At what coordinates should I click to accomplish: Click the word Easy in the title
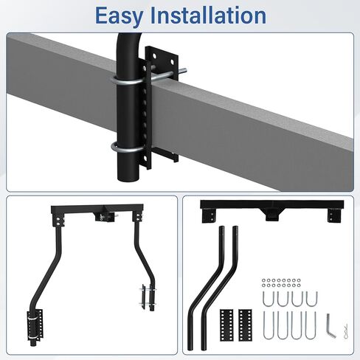pyautogui.click(x=119, y=15)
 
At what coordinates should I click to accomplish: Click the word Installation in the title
pyautogui.click(x=208, y=15)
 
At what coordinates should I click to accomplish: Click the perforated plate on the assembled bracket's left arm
pyautogui.click(x=35, y=324)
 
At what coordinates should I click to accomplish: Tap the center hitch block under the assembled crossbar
pyautogui.click(x=106, y=216)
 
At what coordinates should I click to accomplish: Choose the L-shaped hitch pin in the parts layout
pyautogui.click(x=330, y=325)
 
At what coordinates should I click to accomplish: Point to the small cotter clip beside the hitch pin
pyautogui.click(x=346, y=328)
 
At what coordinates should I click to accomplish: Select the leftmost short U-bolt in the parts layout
pyautogui.click(x=268, y=299)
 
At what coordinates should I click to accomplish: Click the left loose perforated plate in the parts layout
pyautogui.click(x=226, y=325)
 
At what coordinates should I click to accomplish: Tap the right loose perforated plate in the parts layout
pyautogui.click(x=245, y=325)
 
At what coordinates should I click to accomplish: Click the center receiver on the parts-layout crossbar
pyautogui.click(x=272, y=215)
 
